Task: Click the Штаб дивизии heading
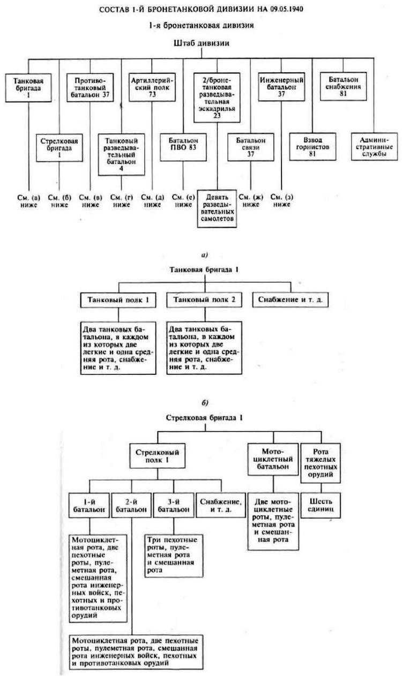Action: (201, 44)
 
